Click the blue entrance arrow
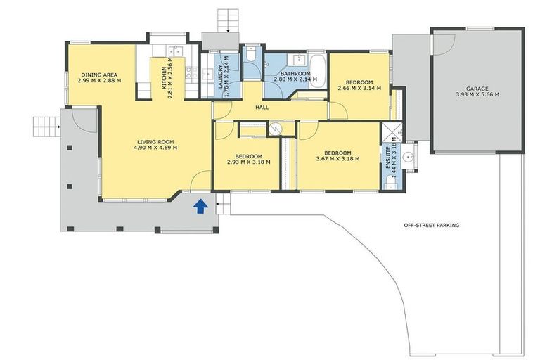pyautogui.click(x=200, y=205)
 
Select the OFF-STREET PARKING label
pyautogui.click(x=431, y=226)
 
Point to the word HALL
pyautogui.click(x=262, y=108)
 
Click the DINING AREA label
pyautogui.click(x=99, y=75)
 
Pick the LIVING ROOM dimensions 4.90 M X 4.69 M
pyautogui.click(x=156, y=148)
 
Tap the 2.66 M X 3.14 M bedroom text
pyautogui.click(x=359, y=85)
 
